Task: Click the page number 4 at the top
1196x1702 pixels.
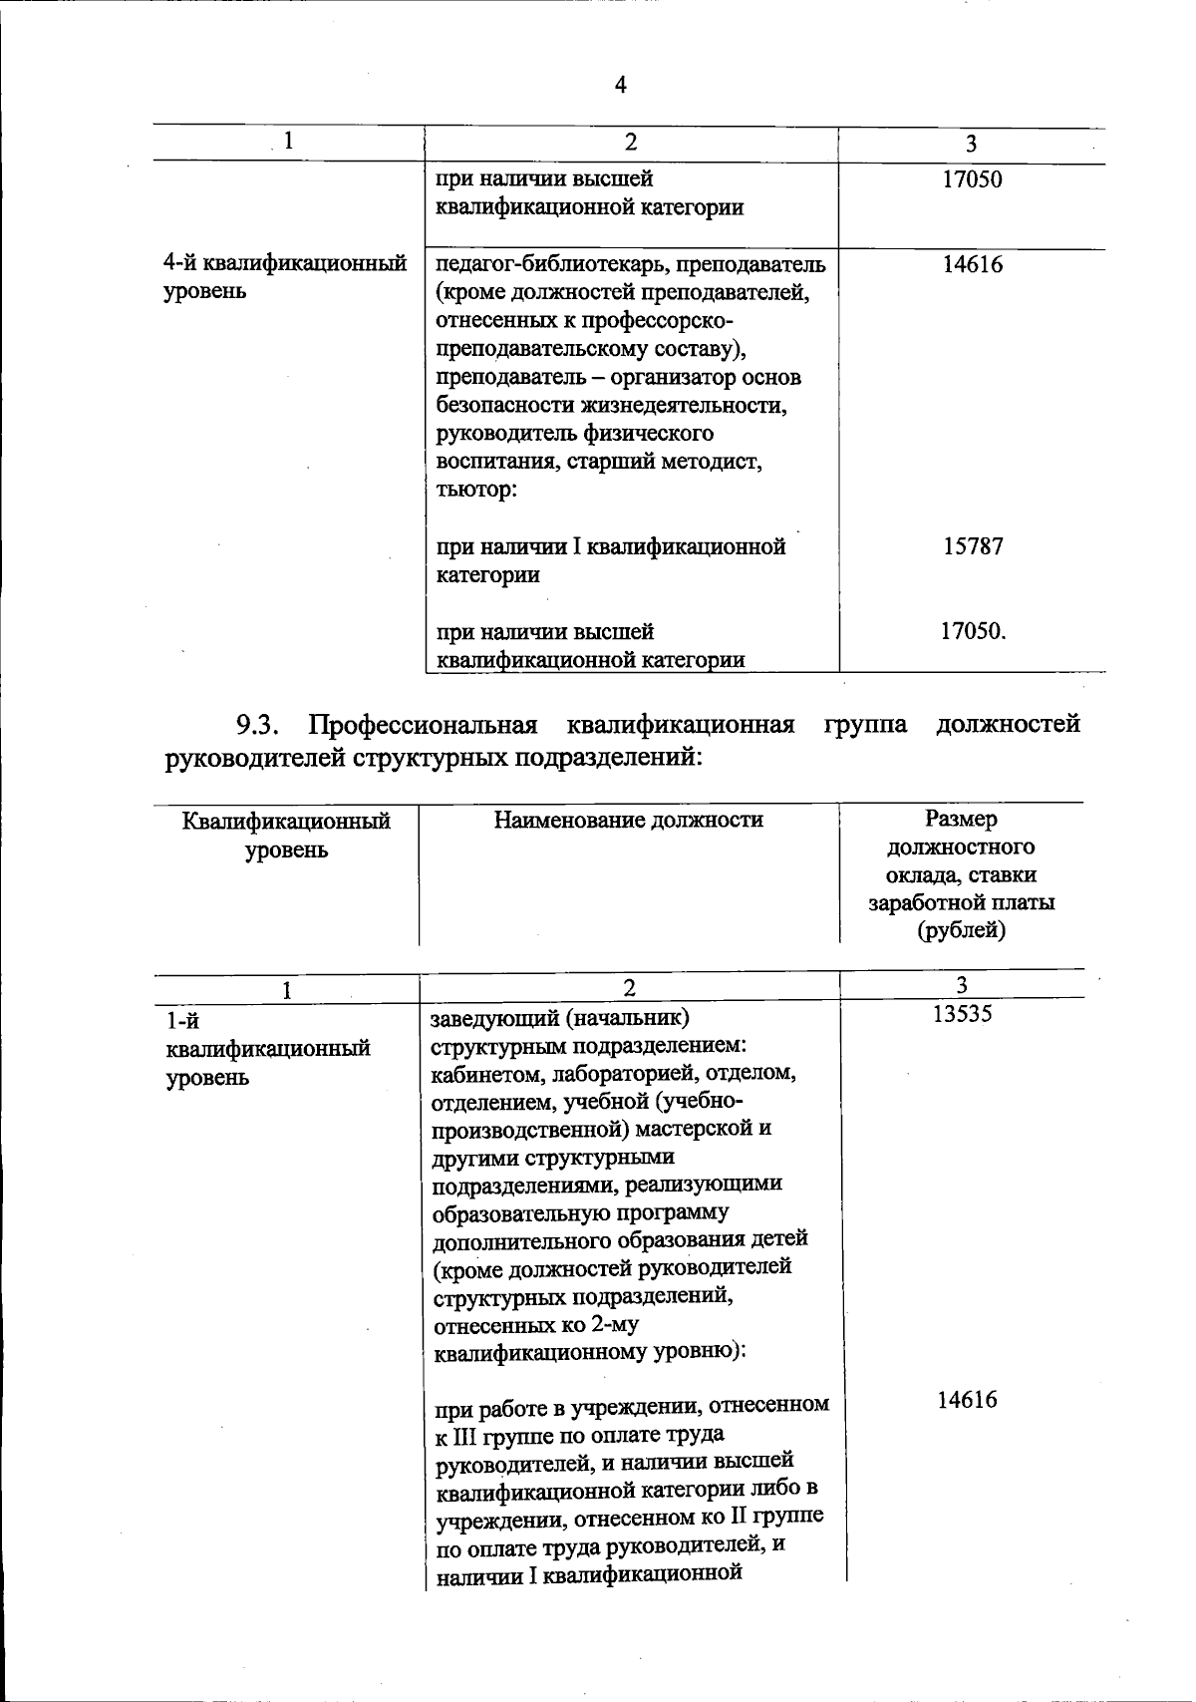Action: point(620,86)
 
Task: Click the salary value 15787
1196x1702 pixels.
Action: point(973,546)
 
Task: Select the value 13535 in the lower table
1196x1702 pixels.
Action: point(962,1014)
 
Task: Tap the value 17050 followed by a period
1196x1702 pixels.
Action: point(973,631)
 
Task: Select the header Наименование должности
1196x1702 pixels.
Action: point(628,820)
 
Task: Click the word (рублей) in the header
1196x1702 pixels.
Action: point(961,930)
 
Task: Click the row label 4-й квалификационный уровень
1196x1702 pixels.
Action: point(284,277)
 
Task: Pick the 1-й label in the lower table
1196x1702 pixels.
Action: point(182,1021)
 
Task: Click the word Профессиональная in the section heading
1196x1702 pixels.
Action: point(423,724)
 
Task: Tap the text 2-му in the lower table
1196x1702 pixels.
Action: point(611,1325)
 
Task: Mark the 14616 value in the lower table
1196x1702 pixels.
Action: point(967,1400)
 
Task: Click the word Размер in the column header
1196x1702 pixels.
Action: point(961,820)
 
